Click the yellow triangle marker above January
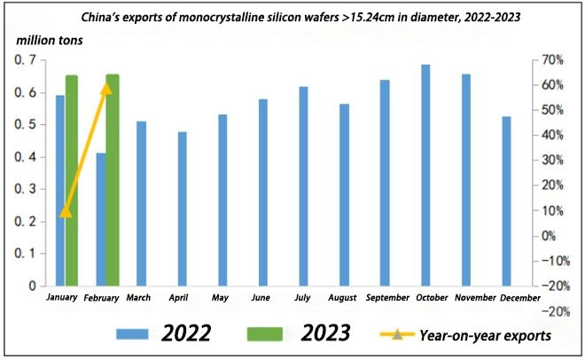click(66, 211)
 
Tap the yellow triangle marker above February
click(106, 87)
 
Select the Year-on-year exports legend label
click(486, 334)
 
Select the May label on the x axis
click(222, 297)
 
